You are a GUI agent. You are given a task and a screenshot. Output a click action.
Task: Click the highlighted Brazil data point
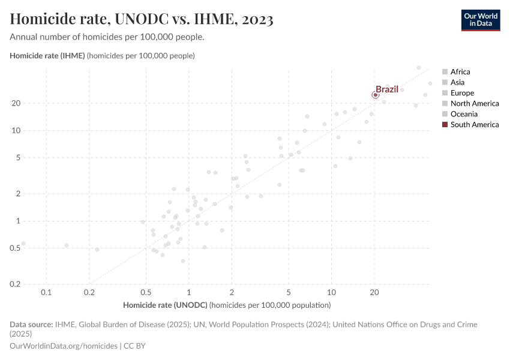tap(376, 95)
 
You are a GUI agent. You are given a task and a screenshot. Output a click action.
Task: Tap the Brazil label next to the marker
tap(387, 89)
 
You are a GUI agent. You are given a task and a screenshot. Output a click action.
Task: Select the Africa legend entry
tap(460, 71)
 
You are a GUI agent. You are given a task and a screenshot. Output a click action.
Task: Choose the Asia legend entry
tap(457, 82)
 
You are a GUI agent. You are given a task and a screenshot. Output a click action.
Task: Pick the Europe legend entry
tap(462, 93)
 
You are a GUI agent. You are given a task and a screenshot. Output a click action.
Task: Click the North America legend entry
tap(474, 103)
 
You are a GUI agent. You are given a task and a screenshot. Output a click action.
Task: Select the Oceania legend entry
tap(464, 114)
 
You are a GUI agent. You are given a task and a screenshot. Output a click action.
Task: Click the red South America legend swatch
tap(445, 125)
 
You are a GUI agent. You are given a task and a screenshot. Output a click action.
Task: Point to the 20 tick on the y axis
tap(34, 103)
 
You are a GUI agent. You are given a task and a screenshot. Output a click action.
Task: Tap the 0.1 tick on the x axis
tap(46, 292)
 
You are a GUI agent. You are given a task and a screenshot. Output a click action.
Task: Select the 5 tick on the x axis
tap(289, 292)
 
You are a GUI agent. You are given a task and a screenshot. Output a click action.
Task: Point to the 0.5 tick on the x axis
tap(146, 292)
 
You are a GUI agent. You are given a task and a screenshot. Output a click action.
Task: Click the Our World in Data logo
tap(480, 20)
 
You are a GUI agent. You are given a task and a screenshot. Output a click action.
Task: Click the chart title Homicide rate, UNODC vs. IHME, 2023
tap(142, 20)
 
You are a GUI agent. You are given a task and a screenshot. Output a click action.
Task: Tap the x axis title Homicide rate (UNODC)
tap(165, 305)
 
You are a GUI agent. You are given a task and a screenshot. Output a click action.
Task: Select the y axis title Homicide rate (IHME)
tap(47, 56)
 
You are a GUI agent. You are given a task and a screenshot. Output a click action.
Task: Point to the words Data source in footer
tap(31, 325)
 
